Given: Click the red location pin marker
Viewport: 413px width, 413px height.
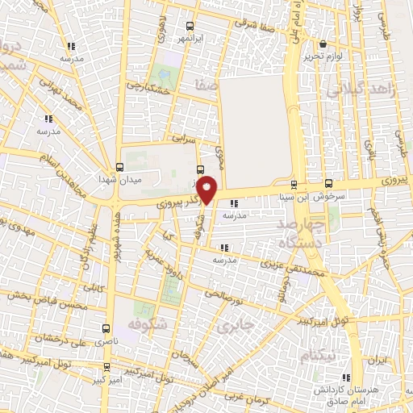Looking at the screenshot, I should click(x=207, y=190).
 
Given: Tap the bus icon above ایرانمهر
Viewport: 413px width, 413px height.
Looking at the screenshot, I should click(x=190, y=26).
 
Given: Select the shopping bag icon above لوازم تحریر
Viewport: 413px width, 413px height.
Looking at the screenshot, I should click(x=323, y=44).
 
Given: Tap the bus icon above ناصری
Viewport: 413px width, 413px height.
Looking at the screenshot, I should click(x=106, y=329).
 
